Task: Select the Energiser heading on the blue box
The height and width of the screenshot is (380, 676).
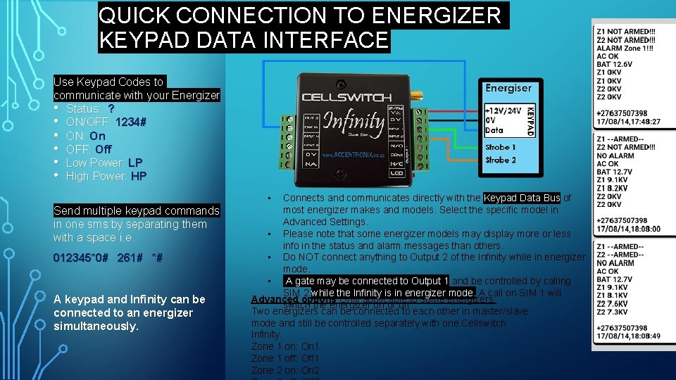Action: coord(508,88)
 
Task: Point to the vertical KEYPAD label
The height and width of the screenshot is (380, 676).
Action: coord(531,121)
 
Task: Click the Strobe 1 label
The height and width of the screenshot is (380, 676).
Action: coord(500,147)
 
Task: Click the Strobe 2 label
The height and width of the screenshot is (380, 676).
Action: coord(500,160)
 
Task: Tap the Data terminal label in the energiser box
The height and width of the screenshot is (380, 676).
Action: coord(494,131)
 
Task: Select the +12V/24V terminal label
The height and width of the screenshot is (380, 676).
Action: coord(503,110)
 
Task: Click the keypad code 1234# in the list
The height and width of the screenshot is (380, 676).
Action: coord(131,122)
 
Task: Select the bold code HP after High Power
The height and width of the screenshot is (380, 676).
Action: coord(139,176)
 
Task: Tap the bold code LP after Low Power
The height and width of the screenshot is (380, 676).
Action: coord(135,163)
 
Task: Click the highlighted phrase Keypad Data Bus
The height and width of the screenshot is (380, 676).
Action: coord(522,198)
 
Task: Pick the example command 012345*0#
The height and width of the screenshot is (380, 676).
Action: coord(81,258)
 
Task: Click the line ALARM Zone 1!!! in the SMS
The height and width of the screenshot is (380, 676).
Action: coord(625,47)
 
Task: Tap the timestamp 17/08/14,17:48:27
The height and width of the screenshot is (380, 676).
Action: coord(627,121)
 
